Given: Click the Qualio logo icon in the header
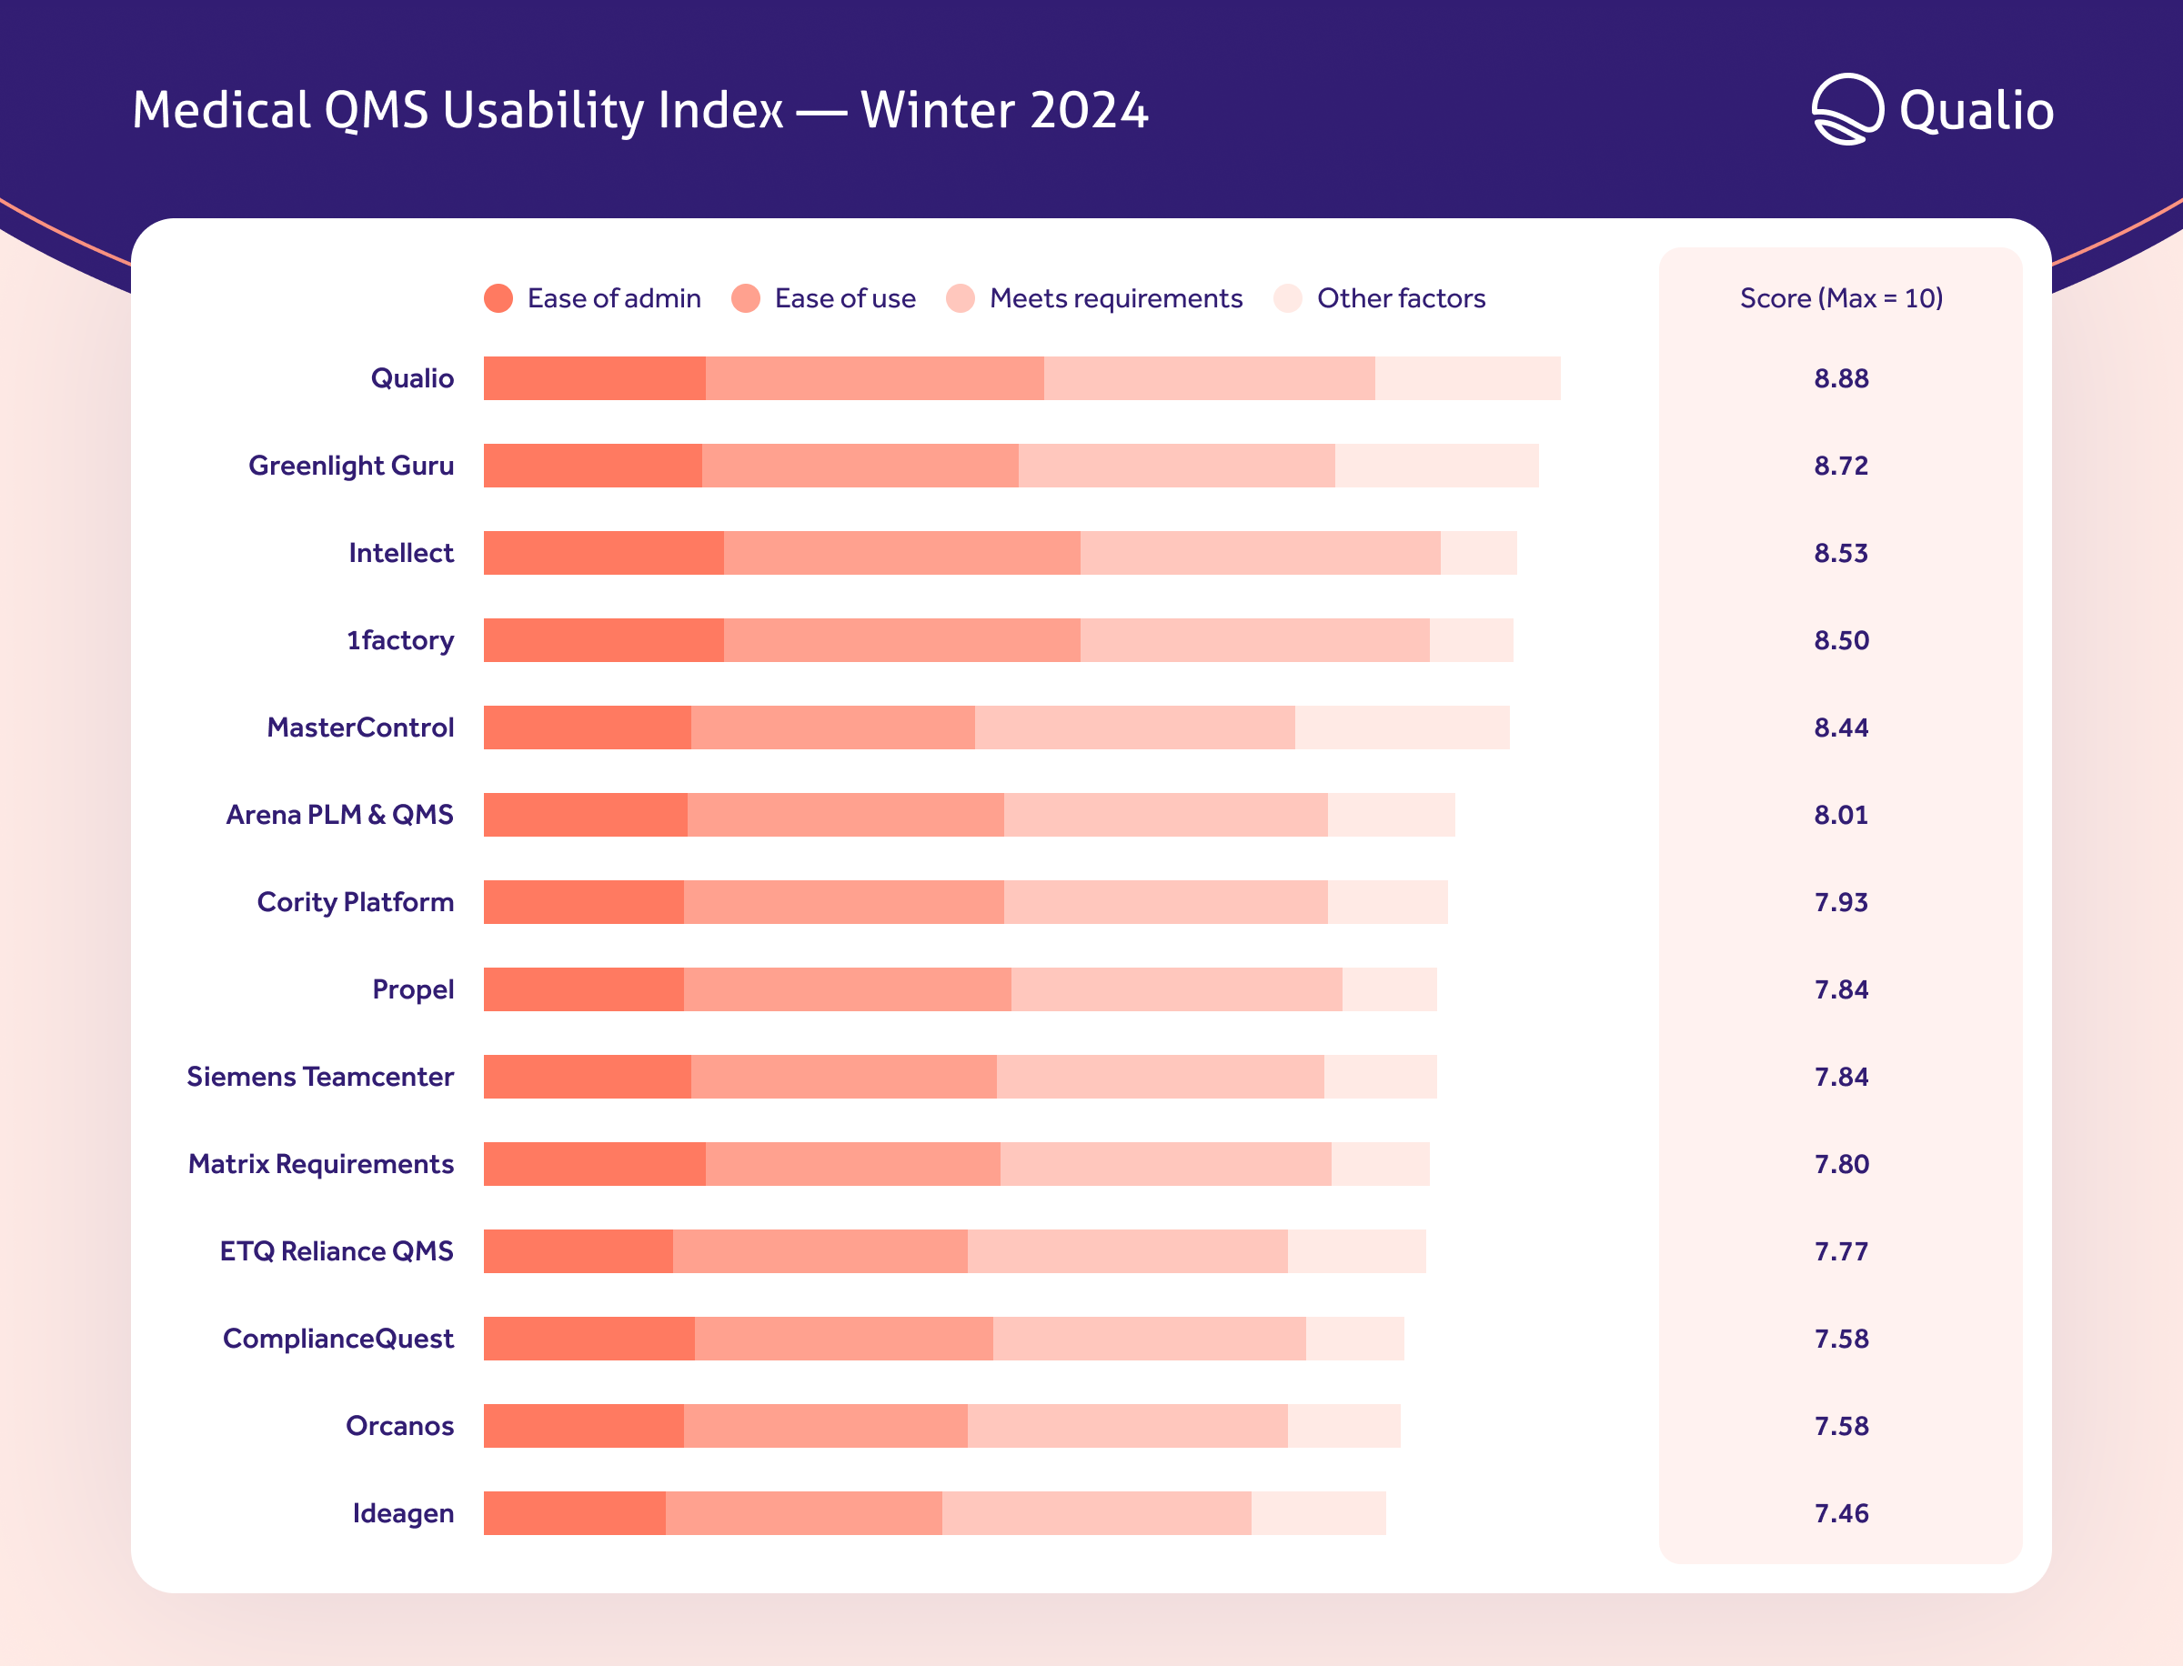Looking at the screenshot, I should click(x=1846, y=109).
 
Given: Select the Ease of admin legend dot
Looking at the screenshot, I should click(x=498, y=298).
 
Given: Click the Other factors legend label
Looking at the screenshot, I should click(x=1401, y=298).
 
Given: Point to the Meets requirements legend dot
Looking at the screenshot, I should click(x=961, y=298).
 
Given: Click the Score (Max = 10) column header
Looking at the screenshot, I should click(x=1841, y=298).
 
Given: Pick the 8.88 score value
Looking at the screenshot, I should click(x=1841, y=379).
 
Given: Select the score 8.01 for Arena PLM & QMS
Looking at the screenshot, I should click(x=1841, y=815).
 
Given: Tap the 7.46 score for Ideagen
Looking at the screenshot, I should click(x=1841, y=1513).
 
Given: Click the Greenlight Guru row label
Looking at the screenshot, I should click(x=351, y=467).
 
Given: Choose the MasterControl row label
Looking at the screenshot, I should click(x=360, y=728).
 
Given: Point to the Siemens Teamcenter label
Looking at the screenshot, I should click(x=319, y=1077).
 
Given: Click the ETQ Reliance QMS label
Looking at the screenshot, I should click(x=337, y=1251).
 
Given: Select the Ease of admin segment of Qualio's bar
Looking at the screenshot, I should click(x=594, y=379).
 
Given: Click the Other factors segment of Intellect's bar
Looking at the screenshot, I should click(x=1478, y=553).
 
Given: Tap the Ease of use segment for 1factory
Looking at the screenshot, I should click(x=901, y=640).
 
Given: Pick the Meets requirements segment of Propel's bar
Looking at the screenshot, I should click(x=1176, y=989).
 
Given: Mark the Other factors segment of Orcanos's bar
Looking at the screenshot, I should click(x=1344, y=1426).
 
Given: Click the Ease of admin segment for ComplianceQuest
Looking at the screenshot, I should click(x=589, y=1339).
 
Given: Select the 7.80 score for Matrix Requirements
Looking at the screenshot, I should click(x=1841, y=1164).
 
